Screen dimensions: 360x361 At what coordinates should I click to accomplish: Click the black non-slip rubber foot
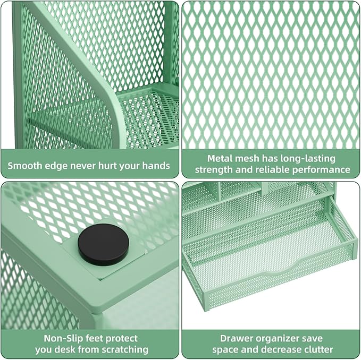click(x=103, y=245)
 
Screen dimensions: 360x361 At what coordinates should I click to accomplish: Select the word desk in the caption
click(x=75, y=349)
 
